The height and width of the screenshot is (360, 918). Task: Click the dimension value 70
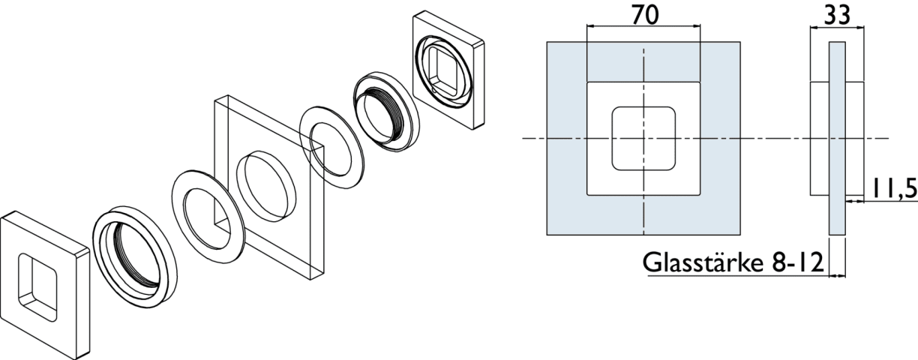(x=643, y=14)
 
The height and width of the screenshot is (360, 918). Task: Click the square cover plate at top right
(x=447, y=71)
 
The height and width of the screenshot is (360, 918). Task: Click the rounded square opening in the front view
(x=642, y=139)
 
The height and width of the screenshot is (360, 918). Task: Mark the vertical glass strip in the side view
(x=837, y=139)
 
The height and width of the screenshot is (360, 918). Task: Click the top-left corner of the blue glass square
(x=547, y=42)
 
